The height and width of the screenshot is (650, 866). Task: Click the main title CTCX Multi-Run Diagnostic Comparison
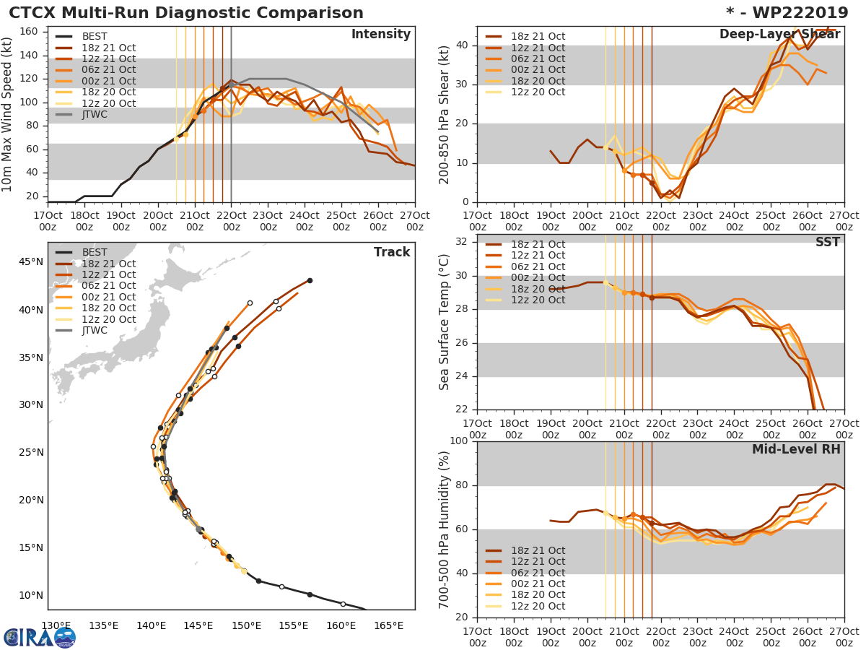pos(186,13)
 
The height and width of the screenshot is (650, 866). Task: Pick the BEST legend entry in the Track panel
pos(94,253)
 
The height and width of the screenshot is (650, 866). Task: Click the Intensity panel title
pos(380,35)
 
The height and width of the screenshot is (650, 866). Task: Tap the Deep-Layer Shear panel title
pos(779,35)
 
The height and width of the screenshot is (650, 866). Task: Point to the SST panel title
pos(828,242)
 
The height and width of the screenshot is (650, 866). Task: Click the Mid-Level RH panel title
pos(796,449)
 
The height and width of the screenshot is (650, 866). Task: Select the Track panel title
pos(391,252)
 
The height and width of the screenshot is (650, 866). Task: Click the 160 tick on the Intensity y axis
pos(30,32)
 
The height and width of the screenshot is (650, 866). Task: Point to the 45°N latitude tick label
pos(30,262)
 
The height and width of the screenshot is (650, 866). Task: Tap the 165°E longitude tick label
pos(388,625)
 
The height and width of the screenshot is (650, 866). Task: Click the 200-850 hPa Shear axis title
pos(445,114)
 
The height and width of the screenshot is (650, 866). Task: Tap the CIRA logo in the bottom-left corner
pos(39,637)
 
